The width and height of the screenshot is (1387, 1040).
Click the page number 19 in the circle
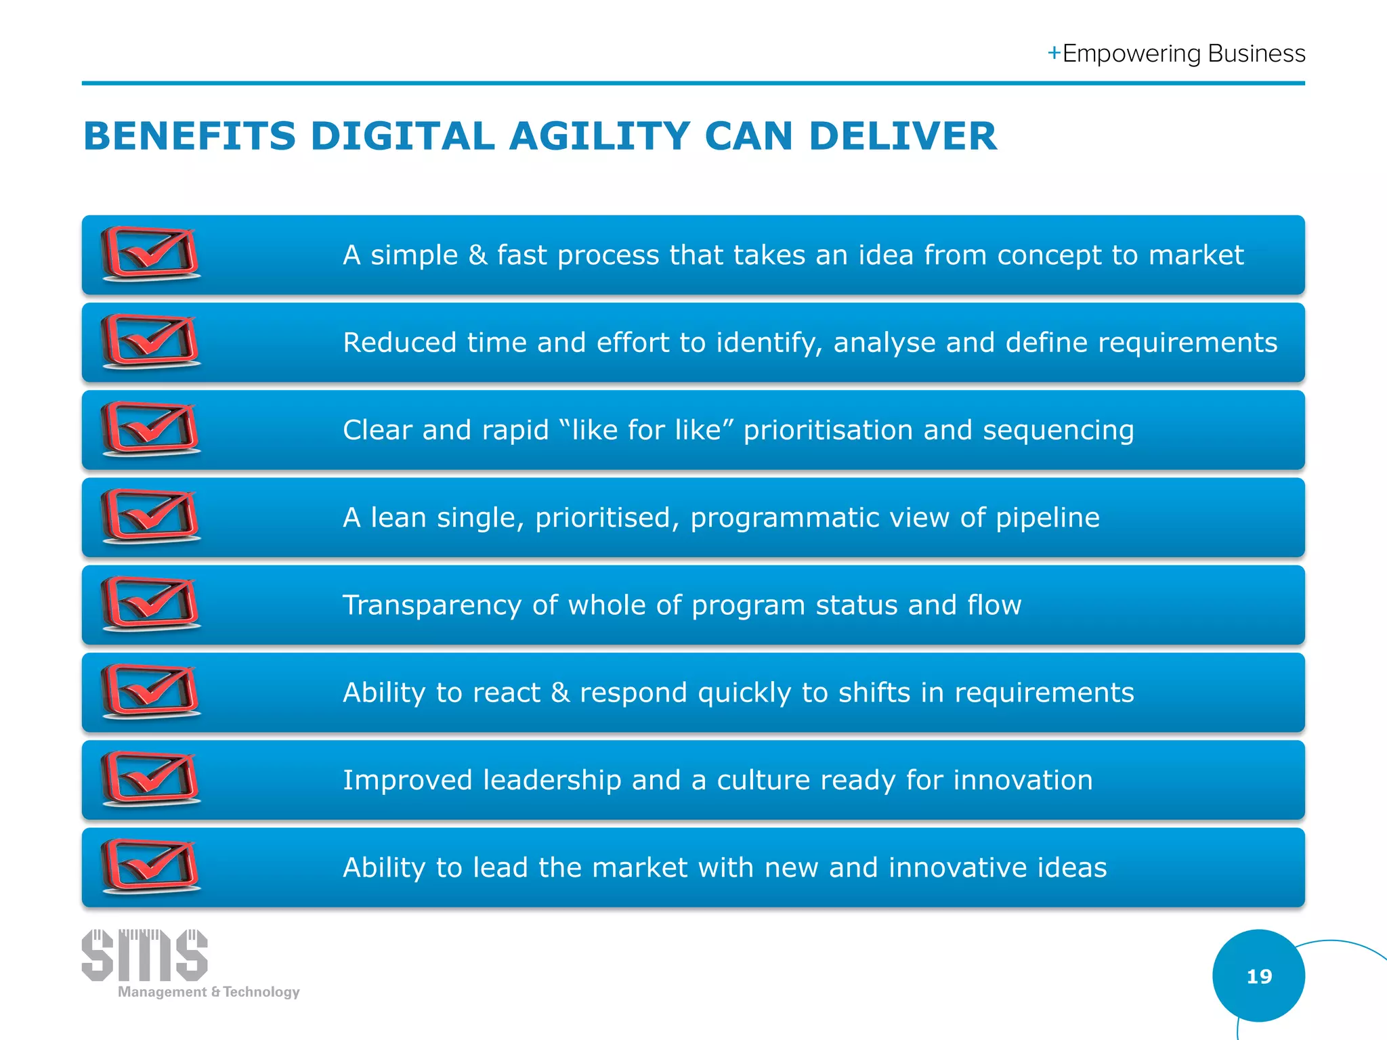pos(1259,976)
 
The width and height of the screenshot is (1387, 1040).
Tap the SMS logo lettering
pos(144,955)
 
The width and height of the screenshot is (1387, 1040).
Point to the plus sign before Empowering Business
pos(1054,53)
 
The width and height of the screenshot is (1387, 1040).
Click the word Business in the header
pos(1256,53)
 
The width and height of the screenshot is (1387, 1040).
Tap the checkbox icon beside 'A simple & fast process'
pos(150,254)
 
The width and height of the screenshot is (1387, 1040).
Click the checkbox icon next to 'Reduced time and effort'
pos(150,341)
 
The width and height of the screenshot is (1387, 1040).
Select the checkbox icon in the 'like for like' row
pos(150,429)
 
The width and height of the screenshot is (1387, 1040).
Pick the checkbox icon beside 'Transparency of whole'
pos(150,604)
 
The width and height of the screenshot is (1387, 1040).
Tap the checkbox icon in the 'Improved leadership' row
pos(150,779)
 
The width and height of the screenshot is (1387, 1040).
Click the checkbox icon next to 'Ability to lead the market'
pos(150,866)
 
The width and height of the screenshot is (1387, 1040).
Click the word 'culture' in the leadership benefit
pos(763,781)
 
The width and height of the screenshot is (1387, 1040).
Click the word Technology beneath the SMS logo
pos(261,992)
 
